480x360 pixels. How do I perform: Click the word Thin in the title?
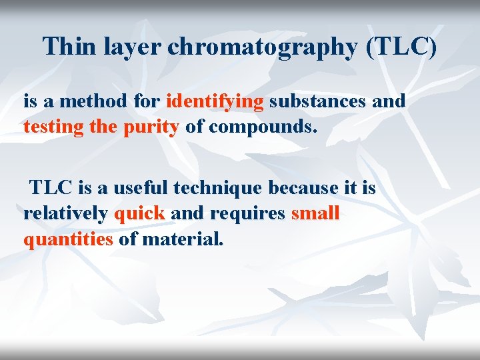pyautogui.click(x=69, y=47)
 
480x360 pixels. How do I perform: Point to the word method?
pyautogui.click(x=90, y=101)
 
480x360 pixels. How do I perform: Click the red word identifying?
pyautogui.click(x=215, y=102)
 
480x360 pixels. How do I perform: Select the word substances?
pyautogui.click(x=318, y=101)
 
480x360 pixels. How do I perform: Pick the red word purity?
pyautogui.click(x=151, y=127)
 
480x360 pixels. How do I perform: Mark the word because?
pyautogui.click(x=303, y=188)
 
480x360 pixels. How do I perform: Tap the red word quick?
pyautogui.click(x=139, y=214)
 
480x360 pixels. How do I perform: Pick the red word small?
pyautogui.click(x=315, y=213)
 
